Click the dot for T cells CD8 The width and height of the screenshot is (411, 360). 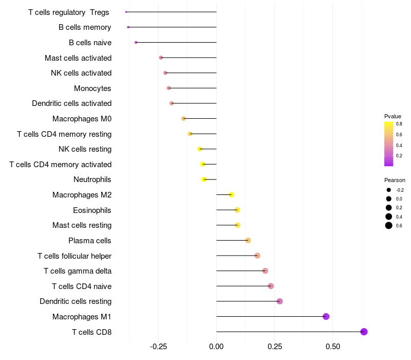pos(364,332)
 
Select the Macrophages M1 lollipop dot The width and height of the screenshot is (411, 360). pos(326,316)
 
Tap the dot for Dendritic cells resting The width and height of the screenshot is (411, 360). pos(279,301)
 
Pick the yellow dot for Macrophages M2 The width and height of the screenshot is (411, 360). pos(231,194)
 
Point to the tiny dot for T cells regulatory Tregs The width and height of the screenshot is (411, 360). pos(126,12)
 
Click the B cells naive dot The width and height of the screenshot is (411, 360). pos(136,42)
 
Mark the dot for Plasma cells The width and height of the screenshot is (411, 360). pos(248,240)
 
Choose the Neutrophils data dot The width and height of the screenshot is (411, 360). pos(204,179)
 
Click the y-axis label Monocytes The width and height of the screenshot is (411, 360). pos(92,88)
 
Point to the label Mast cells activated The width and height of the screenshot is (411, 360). pos(78,58)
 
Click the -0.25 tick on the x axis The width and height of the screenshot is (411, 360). pos(158,346)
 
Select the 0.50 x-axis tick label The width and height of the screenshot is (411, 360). pos(332,346)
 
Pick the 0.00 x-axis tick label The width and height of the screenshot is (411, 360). pos(216,346)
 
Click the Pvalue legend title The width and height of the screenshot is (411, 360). pos(393,116)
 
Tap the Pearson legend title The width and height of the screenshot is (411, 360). pos(395,180)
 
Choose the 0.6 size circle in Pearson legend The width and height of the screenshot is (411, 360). pos(389,225)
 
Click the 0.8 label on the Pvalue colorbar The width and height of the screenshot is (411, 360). pos(399,124)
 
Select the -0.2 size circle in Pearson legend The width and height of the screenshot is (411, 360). pos(389,190)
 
